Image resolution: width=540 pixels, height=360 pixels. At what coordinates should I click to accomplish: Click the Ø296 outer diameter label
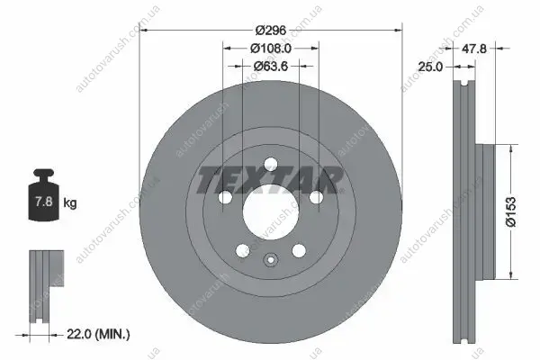click(x=271, y=31)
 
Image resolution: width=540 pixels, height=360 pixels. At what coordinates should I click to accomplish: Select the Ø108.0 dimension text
click(x=271, y=49)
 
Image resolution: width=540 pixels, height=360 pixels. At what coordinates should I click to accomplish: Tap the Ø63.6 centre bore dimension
click(x=271, y=66)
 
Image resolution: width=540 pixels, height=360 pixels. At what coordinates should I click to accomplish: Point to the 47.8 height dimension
click(x=474, y=49)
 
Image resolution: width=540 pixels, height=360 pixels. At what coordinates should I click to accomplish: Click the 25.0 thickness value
click(x=430, y=67)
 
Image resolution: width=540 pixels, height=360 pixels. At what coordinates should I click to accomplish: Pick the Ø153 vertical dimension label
click(x=511, y=211)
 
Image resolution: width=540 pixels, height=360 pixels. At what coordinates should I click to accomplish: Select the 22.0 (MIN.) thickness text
click(x=98, y=334)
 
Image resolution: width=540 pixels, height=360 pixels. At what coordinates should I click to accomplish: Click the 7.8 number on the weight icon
click(x=44, y=202)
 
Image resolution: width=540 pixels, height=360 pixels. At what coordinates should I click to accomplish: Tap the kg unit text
click(x=70, y=203)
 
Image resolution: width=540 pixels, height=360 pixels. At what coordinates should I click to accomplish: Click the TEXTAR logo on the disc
click(x=270, y=180)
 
